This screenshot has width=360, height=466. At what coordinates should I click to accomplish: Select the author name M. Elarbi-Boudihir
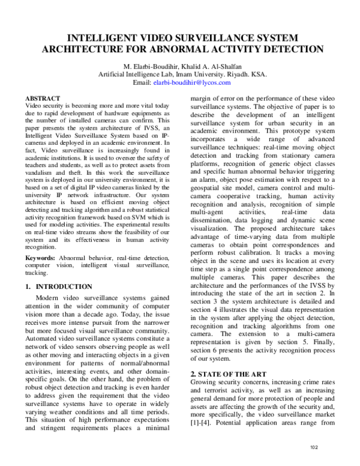(x=150, y=65)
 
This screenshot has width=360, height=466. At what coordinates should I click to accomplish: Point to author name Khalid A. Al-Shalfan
(x=212, y=65)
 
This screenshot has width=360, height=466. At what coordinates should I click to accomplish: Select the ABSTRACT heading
(x=43, y=98)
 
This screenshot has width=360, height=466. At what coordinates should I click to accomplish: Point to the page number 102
(x=313, y=447)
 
